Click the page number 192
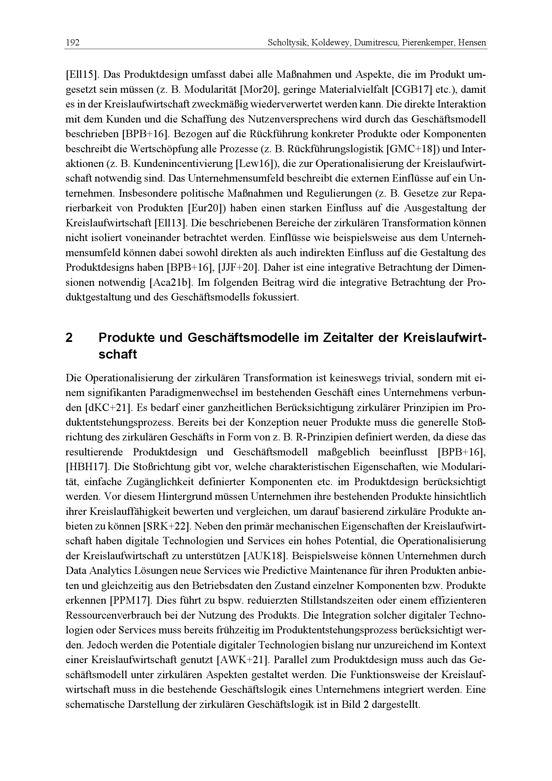(72, 43)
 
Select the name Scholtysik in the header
(283, 43)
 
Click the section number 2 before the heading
(69, 338)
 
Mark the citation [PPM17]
(130, 601)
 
